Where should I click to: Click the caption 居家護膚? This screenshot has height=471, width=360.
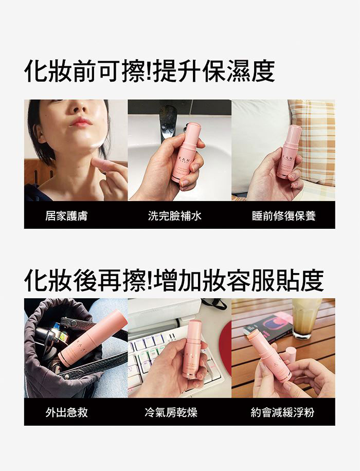tap(66, 215)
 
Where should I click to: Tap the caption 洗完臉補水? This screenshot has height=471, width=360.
tap(174, 215)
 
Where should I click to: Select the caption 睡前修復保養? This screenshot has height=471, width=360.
tap(284, 215)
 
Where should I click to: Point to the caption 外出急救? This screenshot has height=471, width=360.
tap(66, 412)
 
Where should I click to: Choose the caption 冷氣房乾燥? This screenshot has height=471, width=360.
tap(171, 412)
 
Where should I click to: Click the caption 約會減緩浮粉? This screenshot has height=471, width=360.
tap(282, 412)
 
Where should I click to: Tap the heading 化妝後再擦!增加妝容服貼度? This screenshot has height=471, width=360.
tap(174, 281)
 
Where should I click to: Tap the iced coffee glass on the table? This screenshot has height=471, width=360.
tap(306, 318)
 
